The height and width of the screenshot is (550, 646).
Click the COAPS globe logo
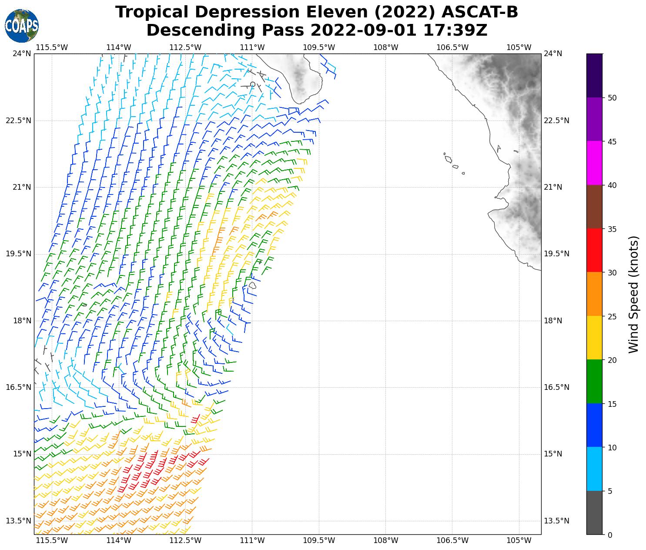coord(22,26)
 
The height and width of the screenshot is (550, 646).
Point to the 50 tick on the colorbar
coord(612,98)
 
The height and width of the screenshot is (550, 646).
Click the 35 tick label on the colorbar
coord(612,229)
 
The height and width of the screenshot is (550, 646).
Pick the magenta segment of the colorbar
coord(594,163)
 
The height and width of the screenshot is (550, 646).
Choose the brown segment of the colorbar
coord(594,207)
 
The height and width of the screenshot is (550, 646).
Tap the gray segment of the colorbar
coord(594,513)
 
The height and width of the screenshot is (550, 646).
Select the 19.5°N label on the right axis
coord(556,254)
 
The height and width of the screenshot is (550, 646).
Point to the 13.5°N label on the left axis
coord(18,521)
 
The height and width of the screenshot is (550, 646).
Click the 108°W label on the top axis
coord(386,47)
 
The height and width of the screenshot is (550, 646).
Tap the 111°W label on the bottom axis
coord(252,541)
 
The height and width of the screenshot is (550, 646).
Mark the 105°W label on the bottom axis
coord(519,541)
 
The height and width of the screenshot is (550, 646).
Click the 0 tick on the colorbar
coord(609,535)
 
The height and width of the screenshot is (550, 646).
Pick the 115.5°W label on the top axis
coord(52,47)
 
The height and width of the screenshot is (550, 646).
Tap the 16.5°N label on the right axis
coord(556,387)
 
